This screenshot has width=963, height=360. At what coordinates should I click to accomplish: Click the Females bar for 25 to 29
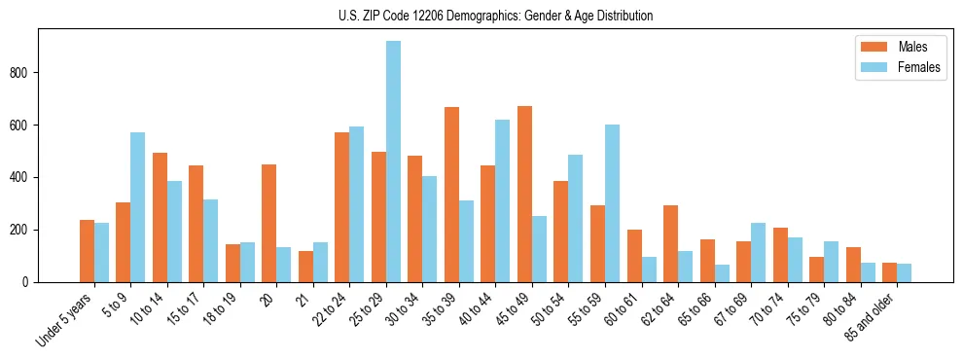tap(393, 162)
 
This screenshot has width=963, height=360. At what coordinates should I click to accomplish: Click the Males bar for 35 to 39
tap(451, 195)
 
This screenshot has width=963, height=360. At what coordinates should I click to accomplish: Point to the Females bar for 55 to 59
tap(612, 203)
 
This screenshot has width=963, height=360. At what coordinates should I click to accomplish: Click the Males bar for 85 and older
tap(889, 272)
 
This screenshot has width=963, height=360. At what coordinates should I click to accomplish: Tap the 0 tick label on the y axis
tap(31, 282)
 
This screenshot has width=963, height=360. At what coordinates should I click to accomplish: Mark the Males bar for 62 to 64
tap(670, 243)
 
